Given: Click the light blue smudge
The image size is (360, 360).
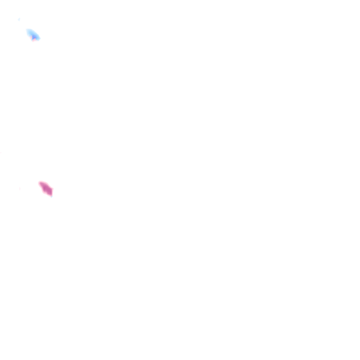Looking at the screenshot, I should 33,35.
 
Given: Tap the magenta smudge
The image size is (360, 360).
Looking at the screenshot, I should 46,188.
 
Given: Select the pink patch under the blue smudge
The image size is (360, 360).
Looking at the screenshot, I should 33,39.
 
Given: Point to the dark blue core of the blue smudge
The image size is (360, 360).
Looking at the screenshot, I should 34,36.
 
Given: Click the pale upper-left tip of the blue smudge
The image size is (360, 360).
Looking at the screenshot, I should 28,31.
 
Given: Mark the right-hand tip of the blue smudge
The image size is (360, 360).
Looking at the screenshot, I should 38,38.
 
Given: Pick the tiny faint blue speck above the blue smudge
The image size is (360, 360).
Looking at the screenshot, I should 19,19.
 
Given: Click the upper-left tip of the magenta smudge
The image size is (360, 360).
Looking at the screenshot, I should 40,183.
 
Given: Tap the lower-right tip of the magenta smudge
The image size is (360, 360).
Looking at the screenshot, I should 51,194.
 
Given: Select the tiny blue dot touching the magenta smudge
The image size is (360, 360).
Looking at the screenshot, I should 51,195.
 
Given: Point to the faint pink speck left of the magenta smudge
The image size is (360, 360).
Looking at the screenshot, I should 20,189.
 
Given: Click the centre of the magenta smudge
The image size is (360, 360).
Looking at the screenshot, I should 46,188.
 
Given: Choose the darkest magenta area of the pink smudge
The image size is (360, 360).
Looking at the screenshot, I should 47,190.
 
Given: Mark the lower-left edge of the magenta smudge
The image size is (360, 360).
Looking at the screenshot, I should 43,190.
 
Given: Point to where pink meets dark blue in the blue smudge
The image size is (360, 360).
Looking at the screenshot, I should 34,37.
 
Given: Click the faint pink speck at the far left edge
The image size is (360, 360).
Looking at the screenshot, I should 1,152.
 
